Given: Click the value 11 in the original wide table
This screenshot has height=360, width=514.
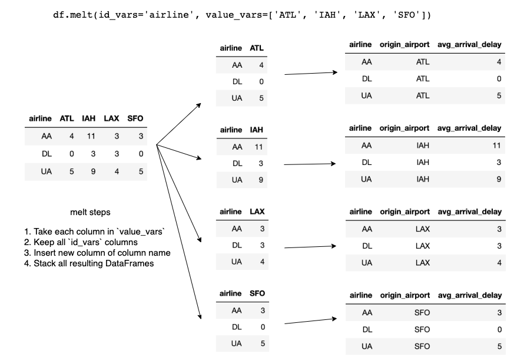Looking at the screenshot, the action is click(x=91, y=136).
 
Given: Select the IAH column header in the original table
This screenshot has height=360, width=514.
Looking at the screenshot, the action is click(x=88, y=118).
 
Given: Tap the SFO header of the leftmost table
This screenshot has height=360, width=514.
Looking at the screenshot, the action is click(x=135, y=118).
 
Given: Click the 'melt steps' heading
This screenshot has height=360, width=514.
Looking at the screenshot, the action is click(x=90, y=212).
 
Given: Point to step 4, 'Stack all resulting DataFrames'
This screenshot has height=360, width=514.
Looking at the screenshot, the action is click(x=89, y=263).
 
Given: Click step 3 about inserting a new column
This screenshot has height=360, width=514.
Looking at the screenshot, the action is click(x=97, y=253).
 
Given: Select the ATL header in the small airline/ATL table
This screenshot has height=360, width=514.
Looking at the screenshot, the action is click(x=257, y=48).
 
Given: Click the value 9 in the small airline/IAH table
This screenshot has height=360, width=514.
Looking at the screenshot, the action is click(x=261, y=180).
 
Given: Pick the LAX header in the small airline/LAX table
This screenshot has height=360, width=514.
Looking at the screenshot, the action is click(x=257, y=212).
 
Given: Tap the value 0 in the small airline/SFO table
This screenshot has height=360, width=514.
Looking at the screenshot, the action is click(x=263, y=327).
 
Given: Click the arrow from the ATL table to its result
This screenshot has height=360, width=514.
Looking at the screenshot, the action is click(x=311, y=73).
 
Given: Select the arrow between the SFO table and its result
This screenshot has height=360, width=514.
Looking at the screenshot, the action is click(x=310, y=321).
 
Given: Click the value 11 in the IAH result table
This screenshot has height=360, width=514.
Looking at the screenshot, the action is click(x=496, y=146).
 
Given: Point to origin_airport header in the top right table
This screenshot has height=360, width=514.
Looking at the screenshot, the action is click(x=404, y=45).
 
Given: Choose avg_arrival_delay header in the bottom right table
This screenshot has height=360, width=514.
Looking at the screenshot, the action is click(x=470, y=295).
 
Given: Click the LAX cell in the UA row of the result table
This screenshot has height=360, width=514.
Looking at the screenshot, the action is click(x=423, y=263).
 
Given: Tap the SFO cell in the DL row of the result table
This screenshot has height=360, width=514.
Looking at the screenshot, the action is click(x=422, y=329).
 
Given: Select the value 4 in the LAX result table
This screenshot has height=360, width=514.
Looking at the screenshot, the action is click(x=499, y=263).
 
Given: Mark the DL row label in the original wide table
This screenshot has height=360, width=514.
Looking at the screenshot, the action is click(x=47, y=154).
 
